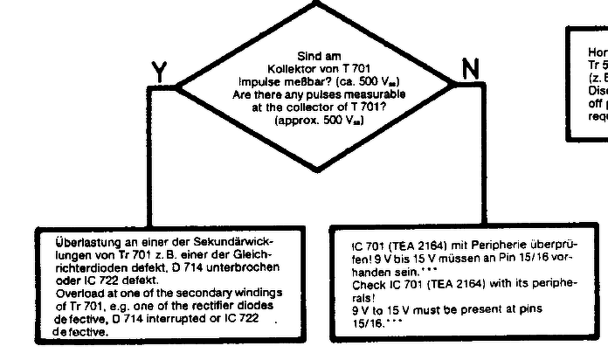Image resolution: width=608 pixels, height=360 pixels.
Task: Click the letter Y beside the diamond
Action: point(159,73)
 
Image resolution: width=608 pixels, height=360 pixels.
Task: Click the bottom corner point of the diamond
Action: point(315,170)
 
